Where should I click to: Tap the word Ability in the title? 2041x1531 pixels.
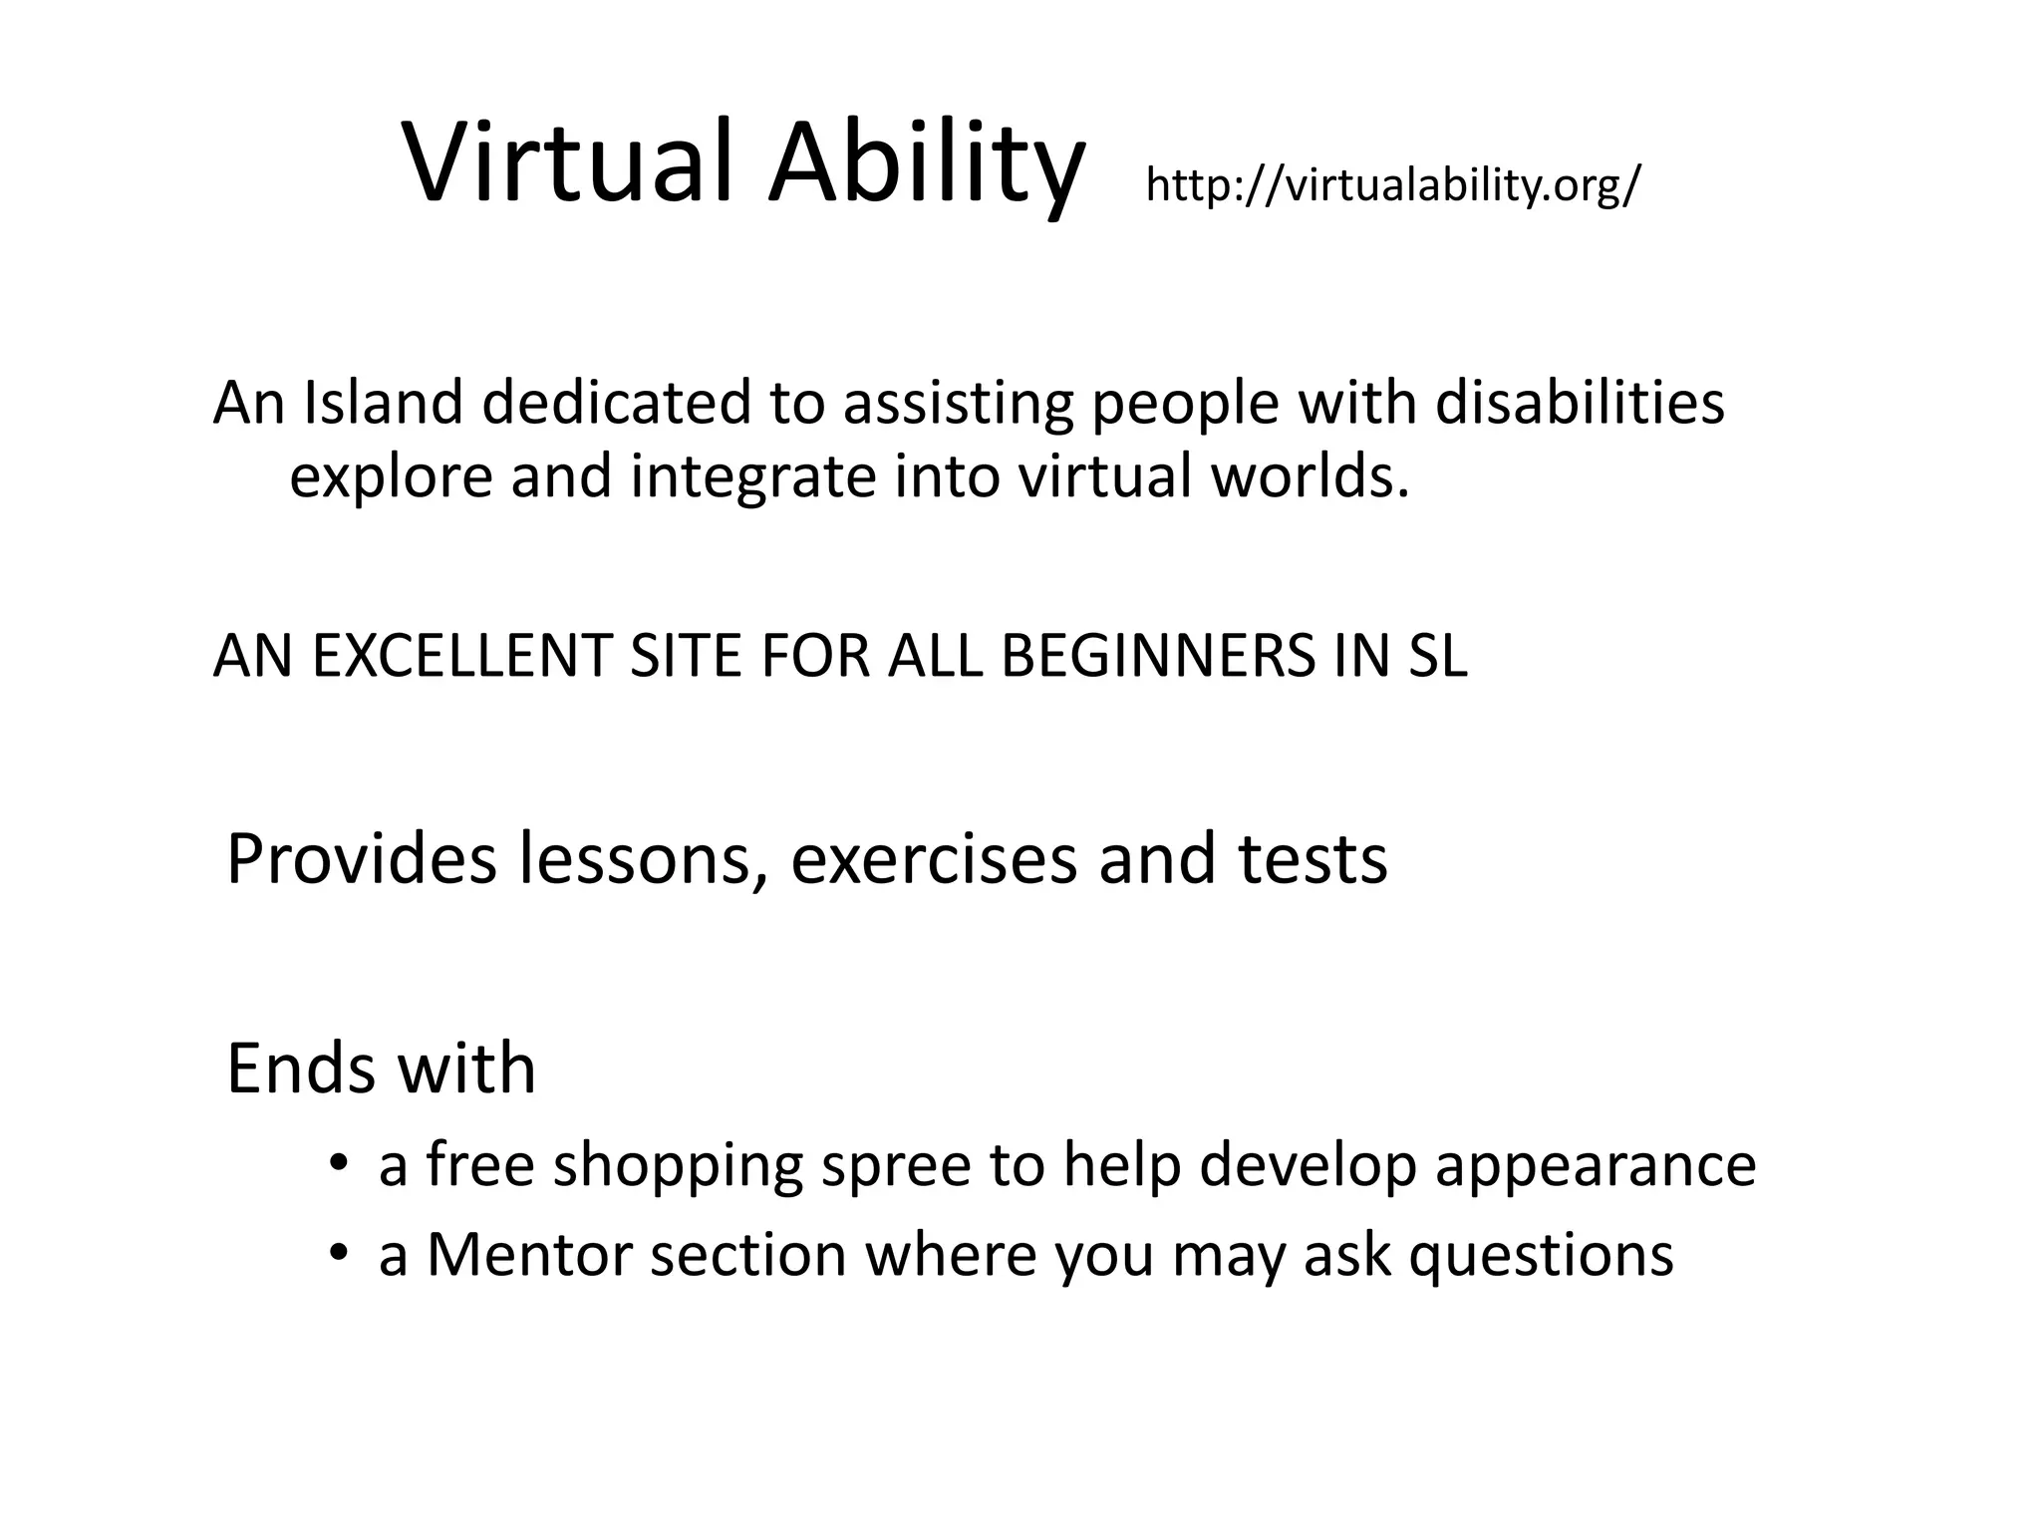point(925,162)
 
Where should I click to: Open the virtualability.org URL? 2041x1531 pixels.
point(1392,185)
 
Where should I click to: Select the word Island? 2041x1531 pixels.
point(383,403)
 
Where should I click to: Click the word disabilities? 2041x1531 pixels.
point(1580,403)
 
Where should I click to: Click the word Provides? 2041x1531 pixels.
point(361,859)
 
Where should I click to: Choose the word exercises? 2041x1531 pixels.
point(934,859)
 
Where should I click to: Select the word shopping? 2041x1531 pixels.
point(678,1166)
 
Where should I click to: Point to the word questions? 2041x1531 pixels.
point(1541,1256)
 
